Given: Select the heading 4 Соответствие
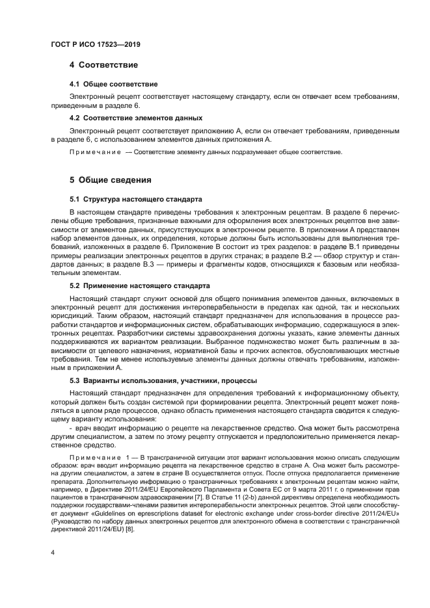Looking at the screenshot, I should point(103,65).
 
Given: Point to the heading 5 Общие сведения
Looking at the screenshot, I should point(111,179).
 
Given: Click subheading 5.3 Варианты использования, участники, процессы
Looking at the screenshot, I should point(163,380).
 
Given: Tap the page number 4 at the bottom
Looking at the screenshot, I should point(53,553).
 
